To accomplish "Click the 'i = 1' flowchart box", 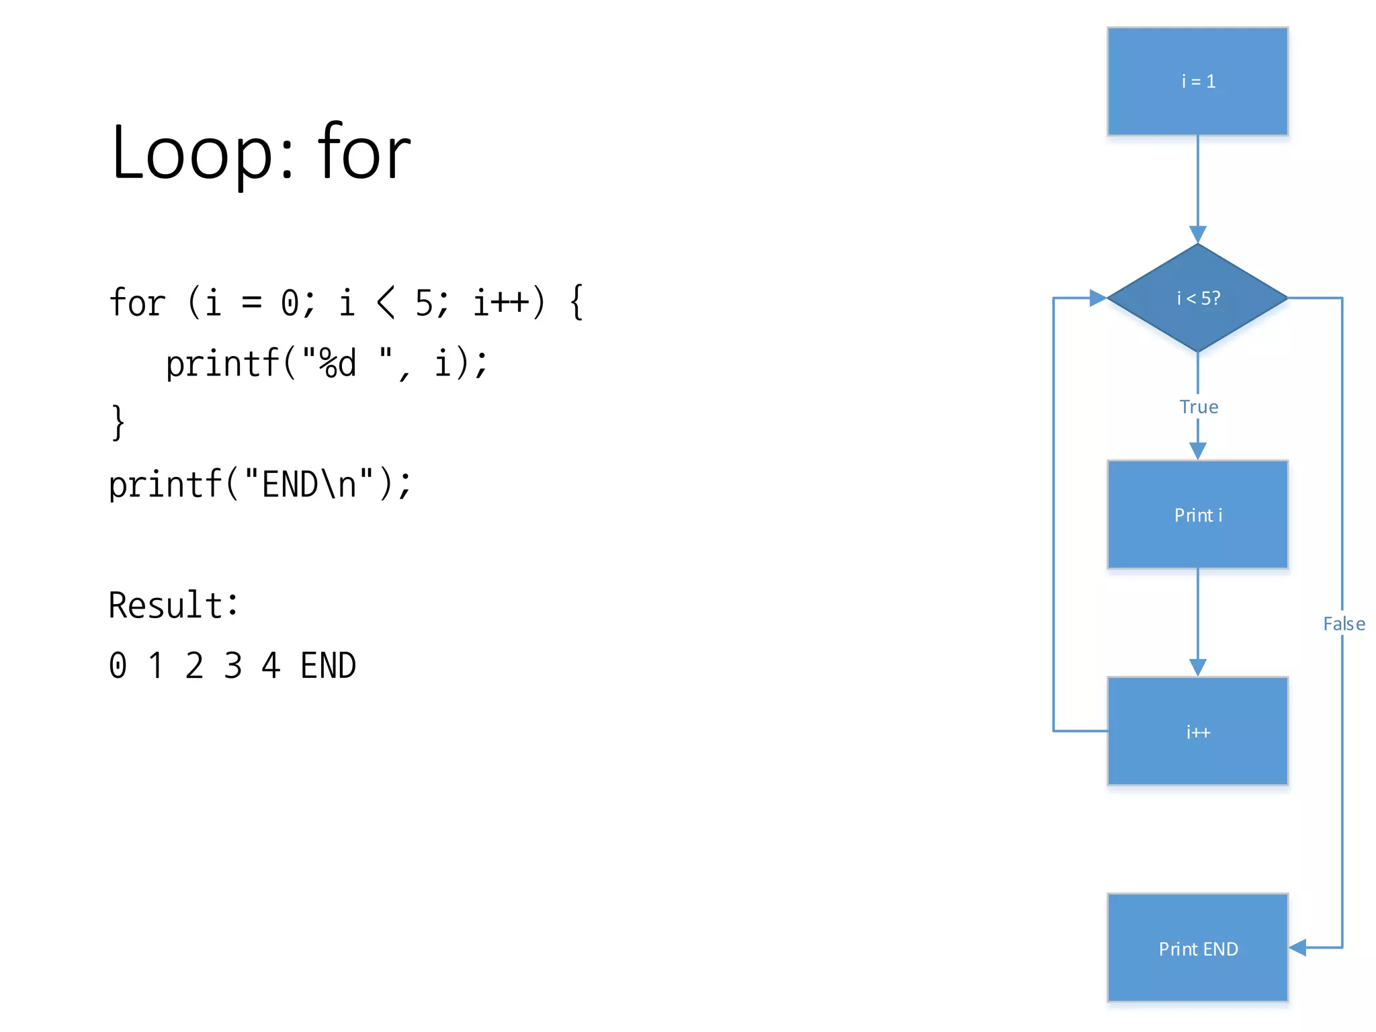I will coord(1197,81).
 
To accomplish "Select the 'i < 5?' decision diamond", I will coord(1197,298).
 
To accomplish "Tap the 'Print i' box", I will coord(1197,515).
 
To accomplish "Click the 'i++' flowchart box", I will coord(1197,731).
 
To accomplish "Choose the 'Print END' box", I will coord(1197,948).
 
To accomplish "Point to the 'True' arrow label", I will coord(1199,407).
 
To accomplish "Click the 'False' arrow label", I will coord(1344,624).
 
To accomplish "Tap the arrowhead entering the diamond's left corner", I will coord(1098,298).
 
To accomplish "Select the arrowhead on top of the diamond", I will coord(1197,234).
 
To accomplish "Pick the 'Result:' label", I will coord(173,605).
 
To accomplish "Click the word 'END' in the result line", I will coord(328,666).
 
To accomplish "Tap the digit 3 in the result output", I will coord(232,666).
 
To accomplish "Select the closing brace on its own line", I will coord(118,423).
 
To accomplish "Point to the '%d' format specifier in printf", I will coord(337,363).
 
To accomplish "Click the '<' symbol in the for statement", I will coord(386,302).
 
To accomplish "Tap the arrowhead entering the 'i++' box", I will coord(1197,667).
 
